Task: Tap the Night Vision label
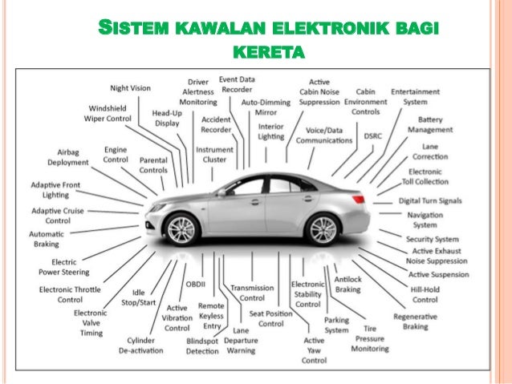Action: (x=130, y=87)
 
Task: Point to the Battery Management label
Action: (x=429, y=124)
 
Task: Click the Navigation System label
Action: (x=425, y=220)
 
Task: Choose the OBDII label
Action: (x=196, y=284)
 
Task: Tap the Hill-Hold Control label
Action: (x=425, y=294)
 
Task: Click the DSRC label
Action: (x=373, y=136)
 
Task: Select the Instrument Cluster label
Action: (x=215, y=155)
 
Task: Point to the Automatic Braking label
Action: (x=46, y=238)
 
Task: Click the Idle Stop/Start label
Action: (x=138, y=297)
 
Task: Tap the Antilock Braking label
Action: (x=347, y=284)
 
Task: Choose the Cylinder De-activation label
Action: (x=141, y=345)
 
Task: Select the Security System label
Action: (x=432, y=239)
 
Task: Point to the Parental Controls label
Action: (x=152, y=164)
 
